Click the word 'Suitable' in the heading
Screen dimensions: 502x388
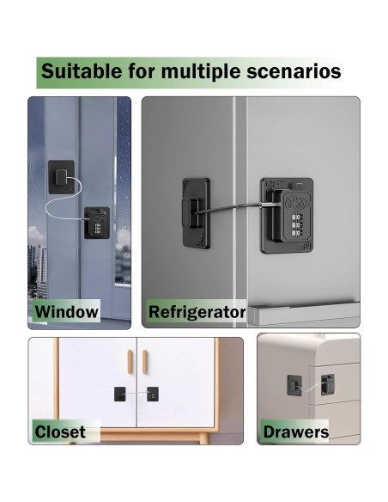point(81,70)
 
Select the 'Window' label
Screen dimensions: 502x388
point(66,311)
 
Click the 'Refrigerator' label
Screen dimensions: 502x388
point(197,311)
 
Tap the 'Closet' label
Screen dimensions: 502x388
point(60,431)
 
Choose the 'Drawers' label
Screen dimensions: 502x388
point(296,431)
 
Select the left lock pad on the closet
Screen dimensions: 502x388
point(118,395)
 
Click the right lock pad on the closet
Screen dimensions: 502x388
point(151,395)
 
